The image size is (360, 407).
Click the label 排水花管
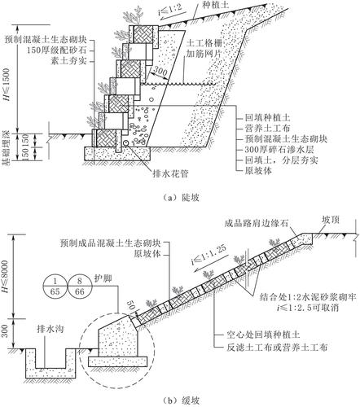(170, 173)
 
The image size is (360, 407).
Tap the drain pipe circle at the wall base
(125, 142)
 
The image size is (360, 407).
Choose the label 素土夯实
(68, 60)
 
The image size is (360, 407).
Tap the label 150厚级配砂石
(60, 50)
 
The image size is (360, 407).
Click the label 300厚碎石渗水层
(279, 150)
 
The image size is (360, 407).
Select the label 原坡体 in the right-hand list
(258, 171)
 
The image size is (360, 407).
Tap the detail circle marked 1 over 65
(55, 287)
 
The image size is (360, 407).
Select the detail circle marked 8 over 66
(79, 287)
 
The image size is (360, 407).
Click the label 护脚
(103, 278)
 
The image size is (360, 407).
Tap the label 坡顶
(331, 220)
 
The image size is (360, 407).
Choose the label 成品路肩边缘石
(256, 223)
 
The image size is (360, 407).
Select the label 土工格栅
(204, 43)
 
